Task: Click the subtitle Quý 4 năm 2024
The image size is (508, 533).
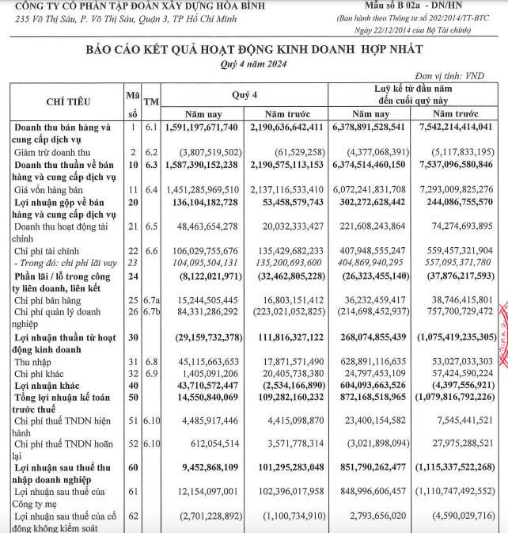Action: [x=255, y=64]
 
